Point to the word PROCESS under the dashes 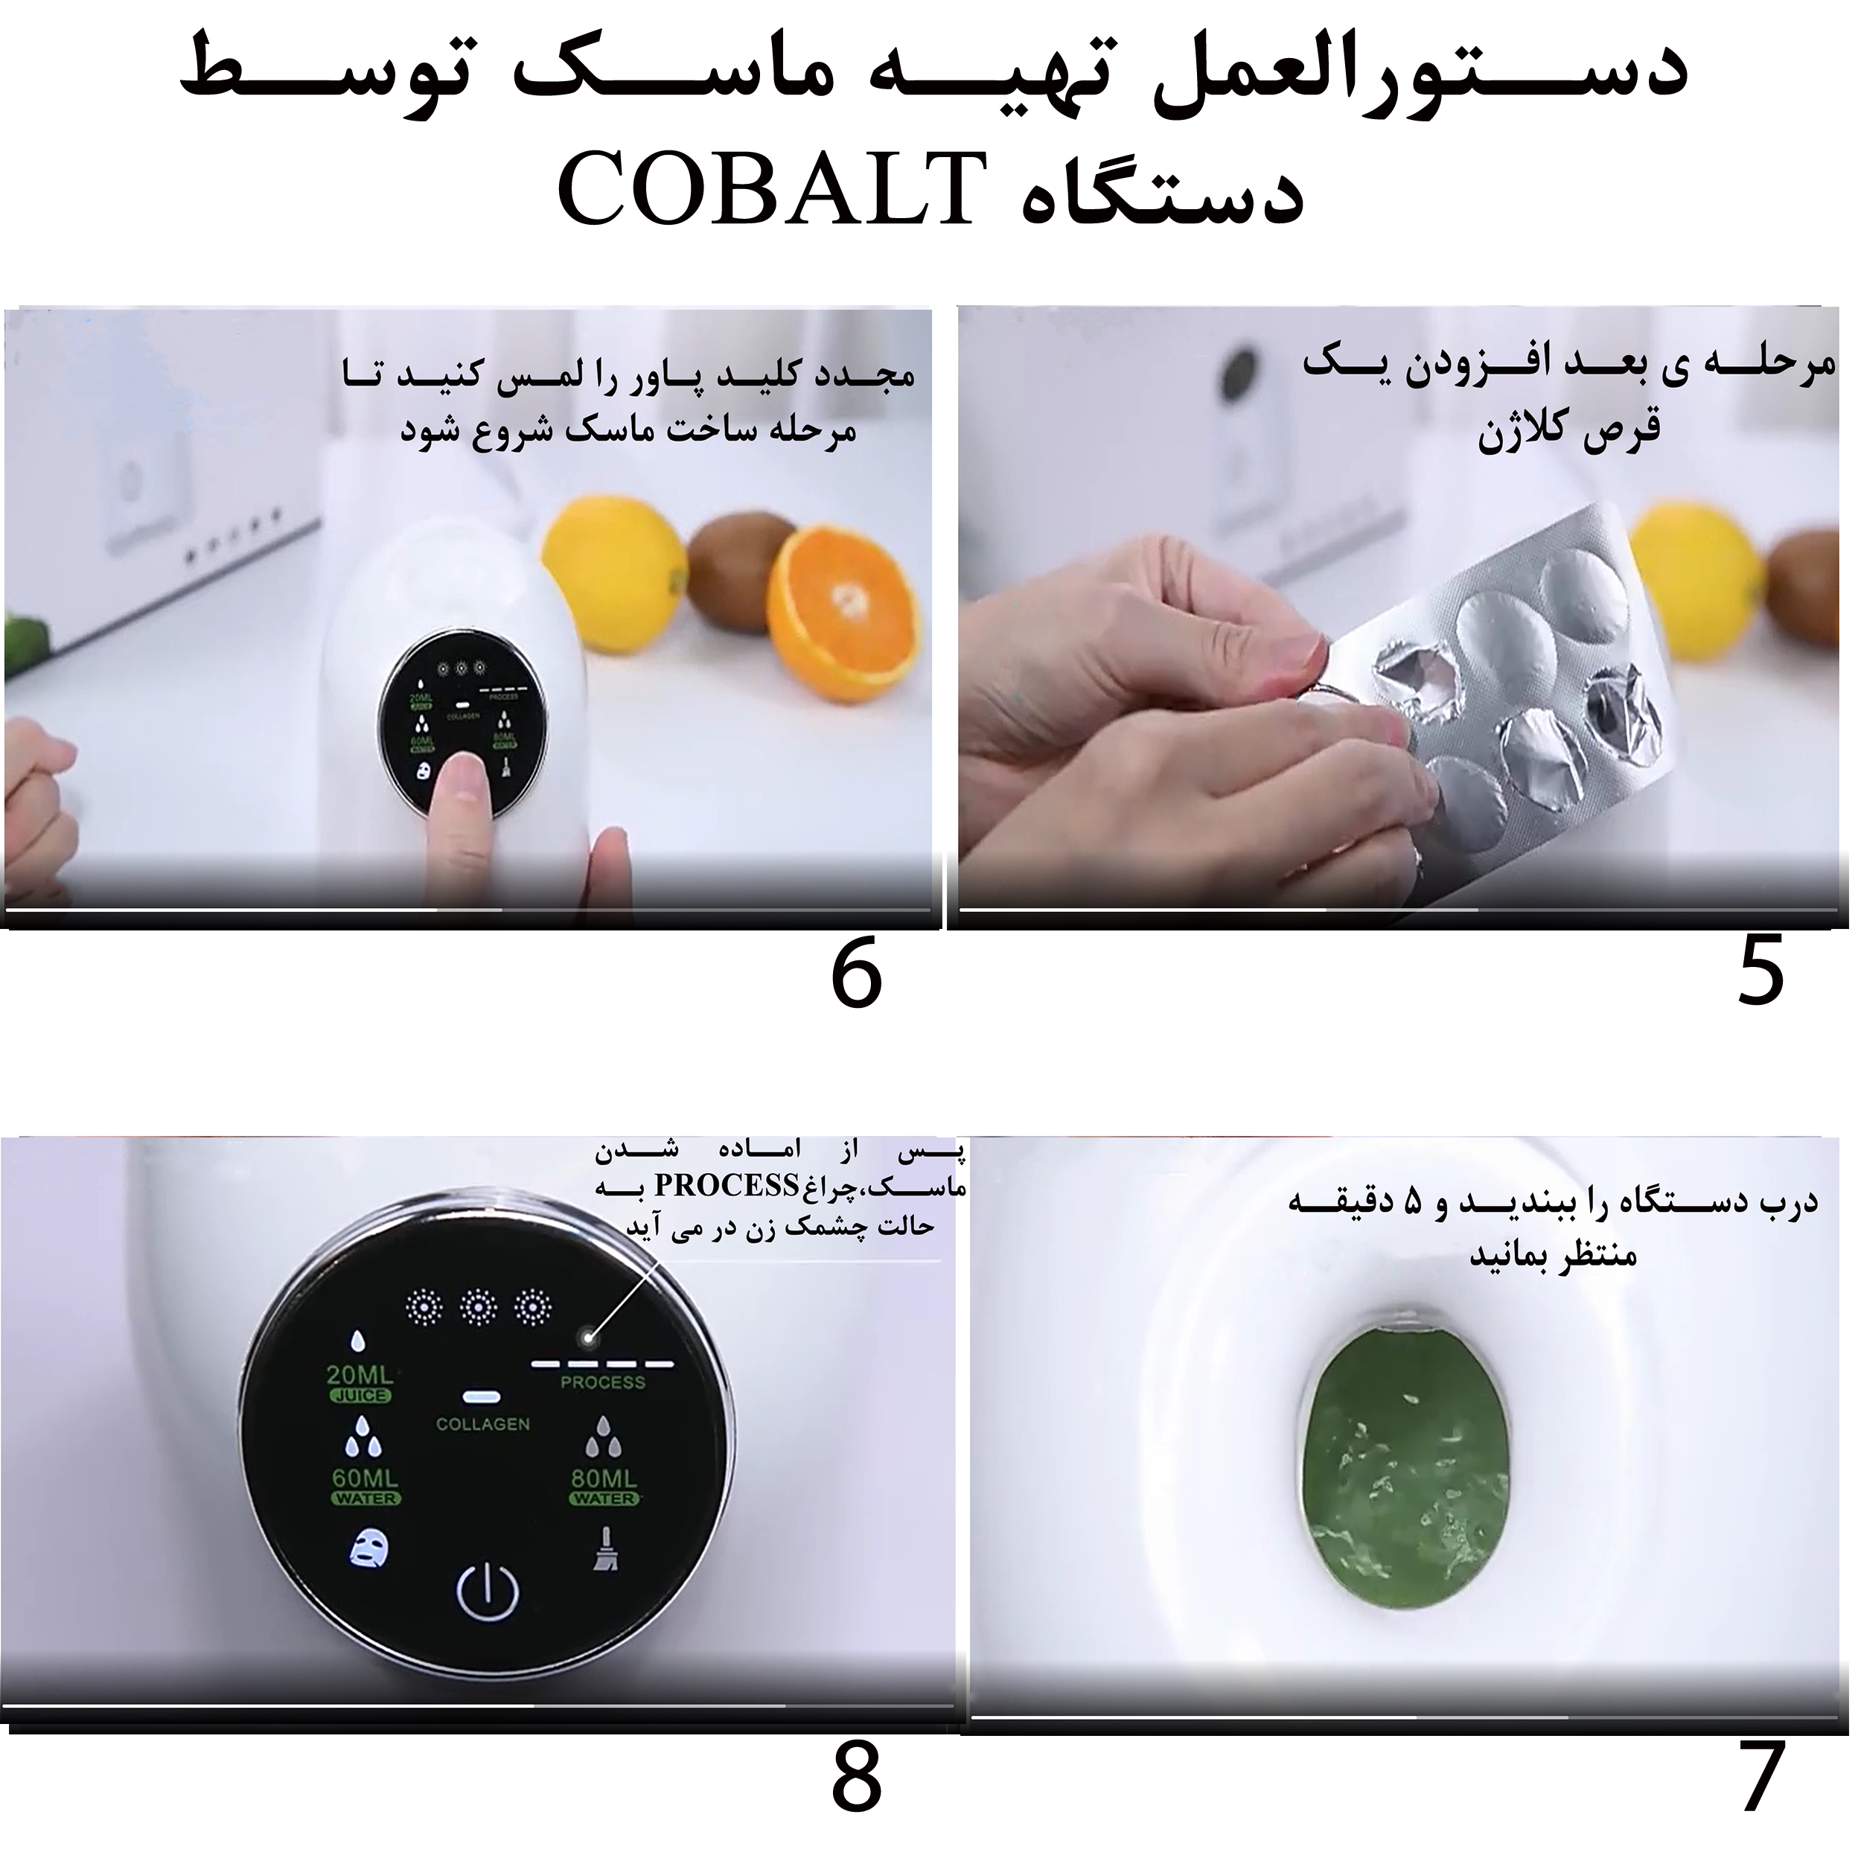tap(602, 1382)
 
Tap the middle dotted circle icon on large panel tap(478, 1307)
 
